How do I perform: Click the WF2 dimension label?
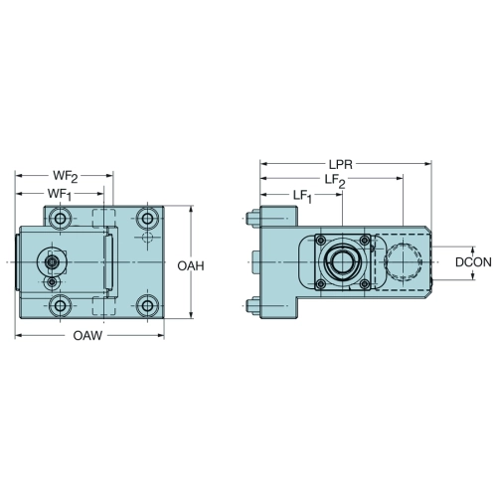pyautogui.click(x=66, y=177)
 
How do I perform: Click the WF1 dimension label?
pyautogui.click(x=60, y=195)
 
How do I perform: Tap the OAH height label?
pyautogui.click(x=191, y=265)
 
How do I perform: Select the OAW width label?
pyautogui.click(x=87, y=336)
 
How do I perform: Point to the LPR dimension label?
pyautogui.click(x=341, y=164)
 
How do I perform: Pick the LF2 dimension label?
pyautogui.click(x=335, y=181)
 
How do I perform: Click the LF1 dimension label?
pyautogui.click(x=302, y=197)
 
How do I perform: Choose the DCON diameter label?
pyautogui.click(x=473, y=262)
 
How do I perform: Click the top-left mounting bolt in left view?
pyautogui.click(x=60, y=219)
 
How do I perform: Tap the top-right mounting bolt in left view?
pyautogui.click(x=147, y=219)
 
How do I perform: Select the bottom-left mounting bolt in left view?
pyautogui.click(x=60, y=305)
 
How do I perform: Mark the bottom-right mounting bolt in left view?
pyautogui.click(x=147, y=305)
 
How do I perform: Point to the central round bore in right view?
pyautogui.click(x=341, y=262)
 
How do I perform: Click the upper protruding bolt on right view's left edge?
pyautogui.click(x=253, y=219)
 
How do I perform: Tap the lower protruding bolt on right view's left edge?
pyautogui.click(x=253, y=305)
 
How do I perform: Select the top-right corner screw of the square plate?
pyautogui.click(x=365, y=241)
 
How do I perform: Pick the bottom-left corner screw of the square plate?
pyautogui.click(x=320, y=283)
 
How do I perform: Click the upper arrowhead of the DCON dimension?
pyautogui.click(x=473, y=250)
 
